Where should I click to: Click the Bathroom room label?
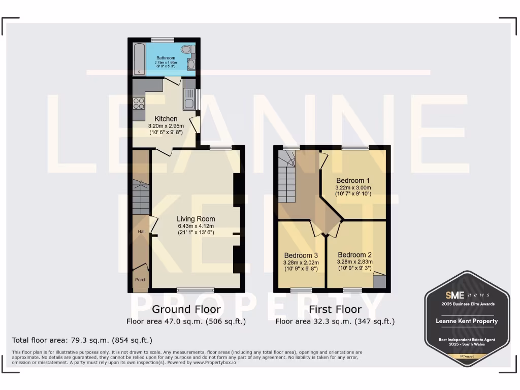[x=166, y=58]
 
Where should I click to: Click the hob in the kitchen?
[x=139, y=104]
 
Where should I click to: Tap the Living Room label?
[x=196, y=219]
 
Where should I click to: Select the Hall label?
[x=142, y=232]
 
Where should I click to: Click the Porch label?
[x=141, y=280]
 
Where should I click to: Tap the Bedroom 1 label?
[x=353, y=180]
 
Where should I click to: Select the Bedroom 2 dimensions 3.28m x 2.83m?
[x=355, y=262]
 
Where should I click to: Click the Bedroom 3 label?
[x=301, y=255]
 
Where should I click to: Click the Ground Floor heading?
[x=186, y=309]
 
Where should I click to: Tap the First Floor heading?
[x=335, y=309]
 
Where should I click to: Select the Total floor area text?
[x=82, y=340]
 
